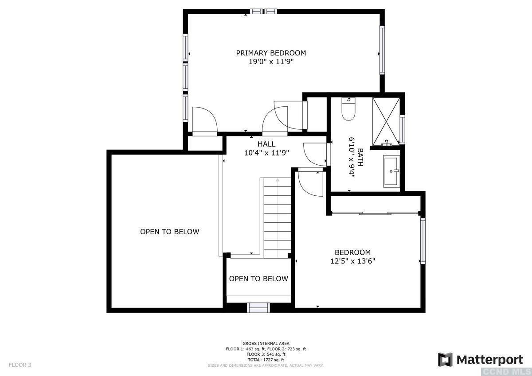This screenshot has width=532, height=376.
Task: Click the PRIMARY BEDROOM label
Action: tap(271, 53)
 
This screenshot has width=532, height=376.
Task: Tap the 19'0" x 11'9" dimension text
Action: tap(271, 62)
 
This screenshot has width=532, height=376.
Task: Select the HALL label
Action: tap(266, 144)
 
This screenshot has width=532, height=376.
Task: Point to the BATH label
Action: tap(360, 157)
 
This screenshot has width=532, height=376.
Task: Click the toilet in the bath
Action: tap(348, 109)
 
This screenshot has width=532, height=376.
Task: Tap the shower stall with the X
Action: tap(386, 121)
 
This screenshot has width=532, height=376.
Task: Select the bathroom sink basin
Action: tap(391, 171)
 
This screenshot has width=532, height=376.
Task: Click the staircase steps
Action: tap(277, 218)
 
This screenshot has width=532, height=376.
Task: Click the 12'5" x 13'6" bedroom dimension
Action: tap(353, 261)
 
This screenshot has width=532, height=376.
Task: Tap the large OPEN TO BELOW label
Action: tap(169, 232)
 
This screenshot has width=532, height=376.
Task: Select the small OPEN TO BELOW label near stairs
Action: tap(258, 279)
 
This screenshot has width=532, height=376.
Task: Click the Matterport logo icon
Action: tap(445, 360)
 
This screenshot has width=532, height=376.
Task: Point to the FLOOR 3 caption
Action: tap(20, 365)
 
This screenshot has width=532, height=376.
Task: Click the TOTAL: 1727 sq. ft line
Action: tap(266, 360)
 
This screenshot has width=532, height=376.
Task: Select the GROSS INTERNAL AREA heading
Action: tap(266, 343)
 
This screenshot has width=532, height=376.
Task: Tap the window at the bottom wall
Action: tap(258, 308)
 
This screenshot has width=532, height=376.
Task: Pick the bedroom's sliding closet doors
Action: tap(375, 213)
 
